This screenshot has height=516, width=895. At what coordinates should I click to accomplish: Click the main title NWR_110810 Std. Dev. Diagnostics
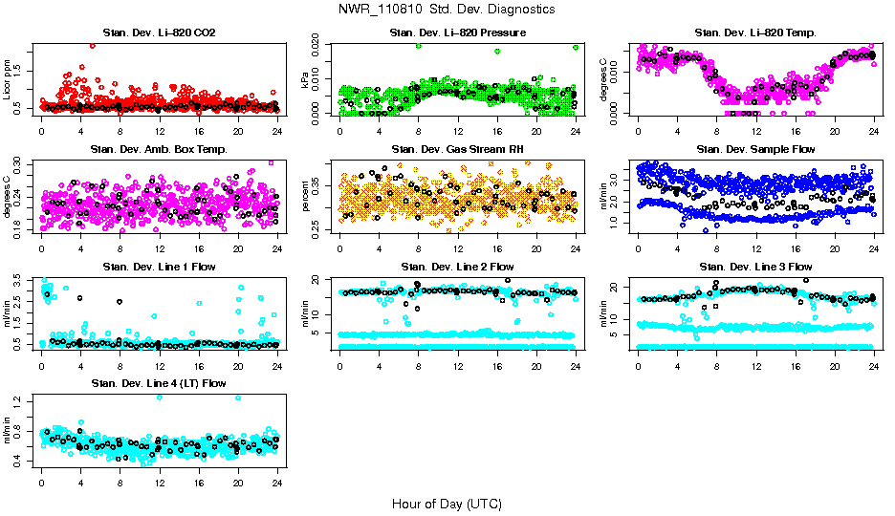(447, 10)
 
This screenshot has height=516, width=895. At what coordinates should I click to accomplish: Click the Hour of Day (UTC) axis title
(447, 503)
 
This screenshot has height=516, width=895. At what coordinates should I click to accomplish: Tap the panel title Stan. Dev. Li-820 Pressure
(457, 33)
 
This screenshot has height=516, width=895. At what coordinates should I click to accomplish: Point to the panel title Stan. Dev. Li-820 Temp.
(755, 33)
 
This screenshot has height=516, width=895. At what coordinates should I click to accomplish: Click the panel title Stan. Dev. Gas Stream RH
(457, 149)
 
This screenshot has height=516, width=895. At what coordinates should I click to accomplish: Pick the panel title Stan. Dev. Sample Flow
(755, 149)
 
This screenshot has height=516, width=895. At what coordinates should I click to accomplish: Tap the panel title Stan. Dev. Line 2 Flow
(457, 266)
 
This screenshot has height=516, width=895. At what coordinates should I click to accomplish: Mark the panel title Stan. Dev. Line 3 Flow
(755, 266)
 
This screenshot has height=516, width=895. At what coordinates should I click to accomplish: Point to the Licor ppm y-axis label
(9, 79)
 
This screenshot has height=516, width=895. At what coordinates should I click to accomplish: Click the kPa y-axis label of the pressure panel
(307, 79)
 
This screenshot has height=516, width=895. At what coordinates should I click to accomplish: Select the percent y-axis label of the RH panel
(307, 196)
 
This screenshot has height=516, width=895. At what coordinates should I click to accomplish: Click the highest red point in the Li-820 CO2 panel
(92, 45)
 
